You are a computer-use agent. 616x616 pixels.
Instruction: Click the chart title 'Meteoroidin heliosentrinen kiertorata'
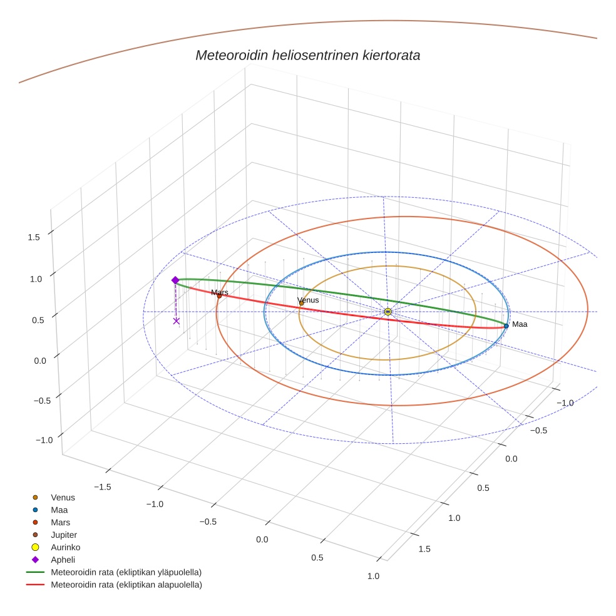[x=307, y=55]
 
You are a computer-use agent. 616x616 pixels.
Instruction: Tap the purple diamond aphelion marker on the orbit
[x=175, y=280]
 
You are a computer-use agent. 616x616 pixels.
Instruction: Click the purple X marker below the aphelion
[x=176, y=321]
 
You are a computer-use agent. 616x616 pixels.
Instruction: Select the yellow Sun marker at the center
[x=388, y=311]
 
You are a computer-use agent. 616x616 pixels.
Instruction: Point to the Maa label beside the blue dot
[x=520, y=324]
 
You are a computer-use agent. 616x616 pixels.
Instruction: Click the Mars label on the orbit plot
[x=220, y=292]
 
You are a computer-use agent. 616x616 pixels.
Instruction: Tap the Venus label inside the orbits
[x=308, y=300]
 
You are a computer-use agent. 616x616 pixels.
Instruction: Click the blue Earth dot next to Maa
[x=506, y=326]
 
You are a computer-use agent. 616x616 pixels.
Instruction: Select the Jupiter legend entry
[x=63, y=535]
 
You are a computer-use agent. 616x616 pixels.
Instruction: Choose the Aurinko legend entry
[x=64, y=547]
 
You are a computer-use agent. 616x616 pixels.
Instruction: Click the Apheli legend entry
[x=63, y=560]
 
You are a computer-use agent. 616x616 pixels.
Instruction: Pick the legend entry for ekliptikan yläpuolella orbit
[x=126, y=572]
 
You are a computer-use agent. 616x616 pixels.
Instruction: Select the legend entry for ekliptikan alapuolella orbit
[x=126, y=585]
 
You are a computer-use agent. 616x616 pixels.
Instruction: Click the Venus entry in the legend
[x=63, y=497]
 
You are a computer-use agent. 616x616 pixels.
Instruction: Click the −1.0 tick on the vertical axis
[x=44, y=440]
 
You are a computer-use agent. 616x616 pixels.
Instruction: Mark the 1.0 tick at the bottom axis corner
[x=373, y=576]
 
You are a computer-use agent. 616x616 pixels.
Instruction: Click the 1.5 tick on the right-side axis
[x=424, y=549]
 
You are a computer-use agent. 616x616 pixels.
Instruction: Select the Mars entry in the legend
[x=60, y=522]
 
